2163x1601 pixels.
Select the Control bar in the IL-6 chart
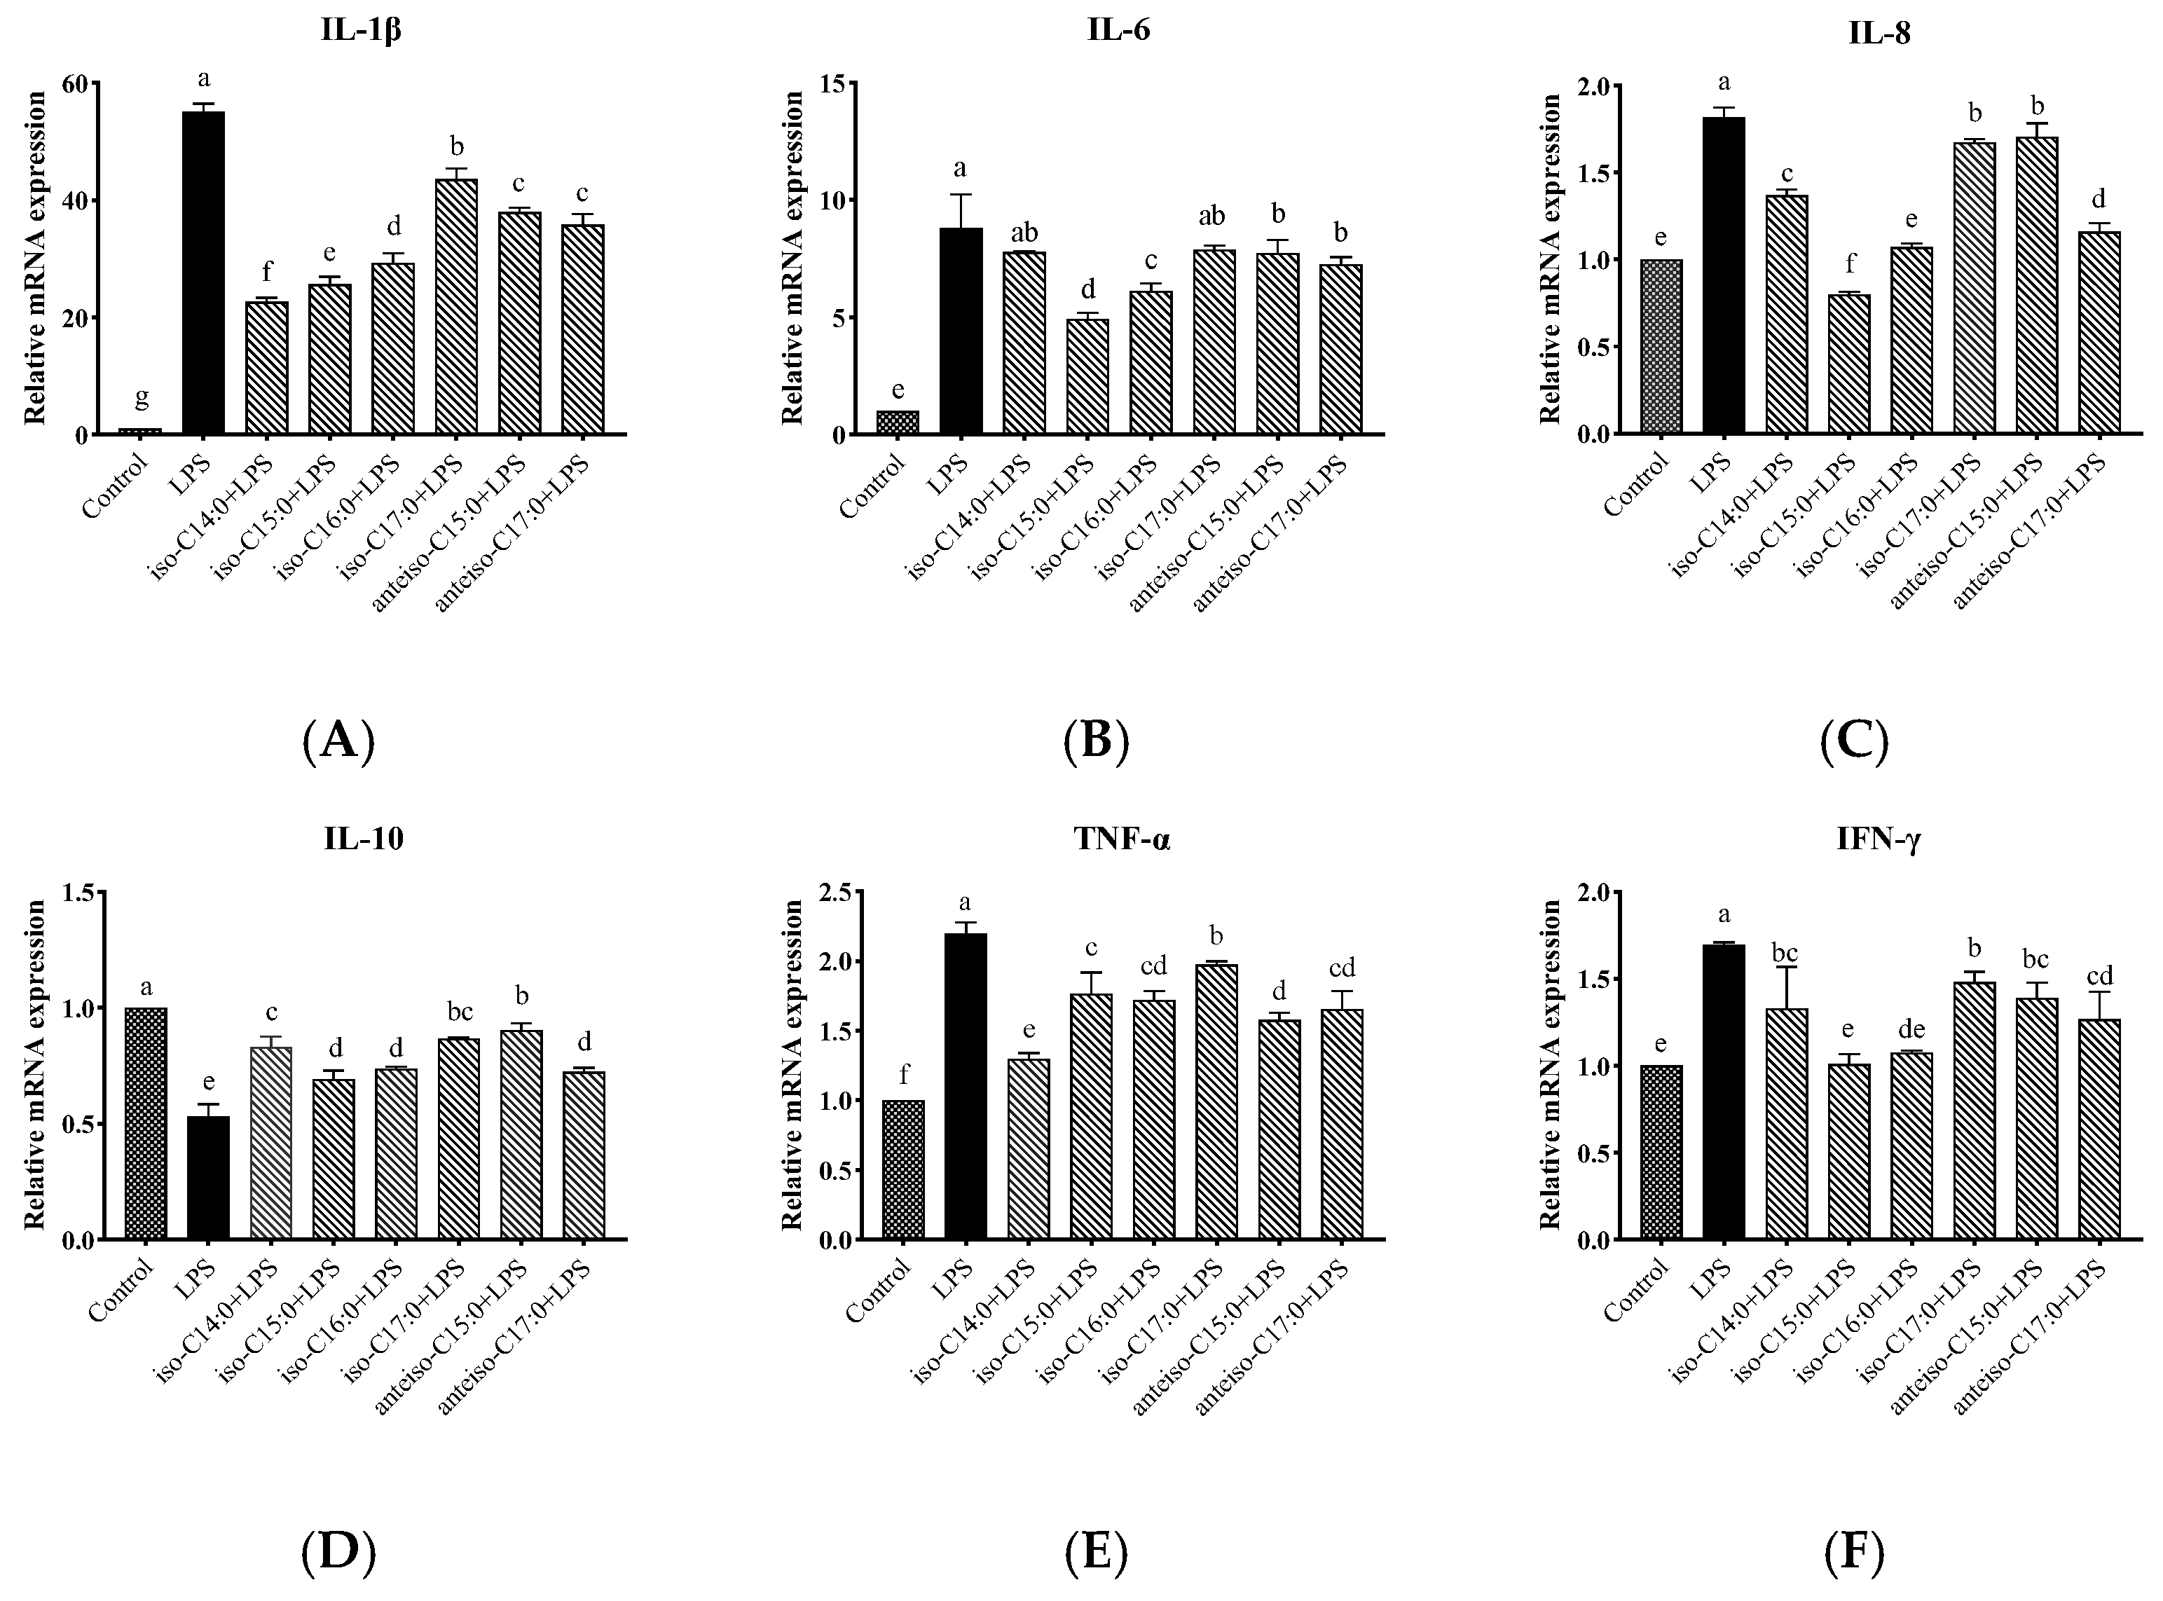[898, 422]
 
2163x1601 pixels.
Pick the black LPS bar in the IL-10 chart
[208, 1178]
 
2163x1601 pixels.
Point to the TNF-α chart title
[1121, 839]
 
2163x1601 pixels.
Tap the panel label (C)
[1854, 743]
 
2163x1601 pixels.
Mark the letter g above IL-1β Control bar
[142, 397]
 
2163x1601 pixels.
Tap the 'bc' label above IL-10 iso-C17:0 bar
[460, 1012]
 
